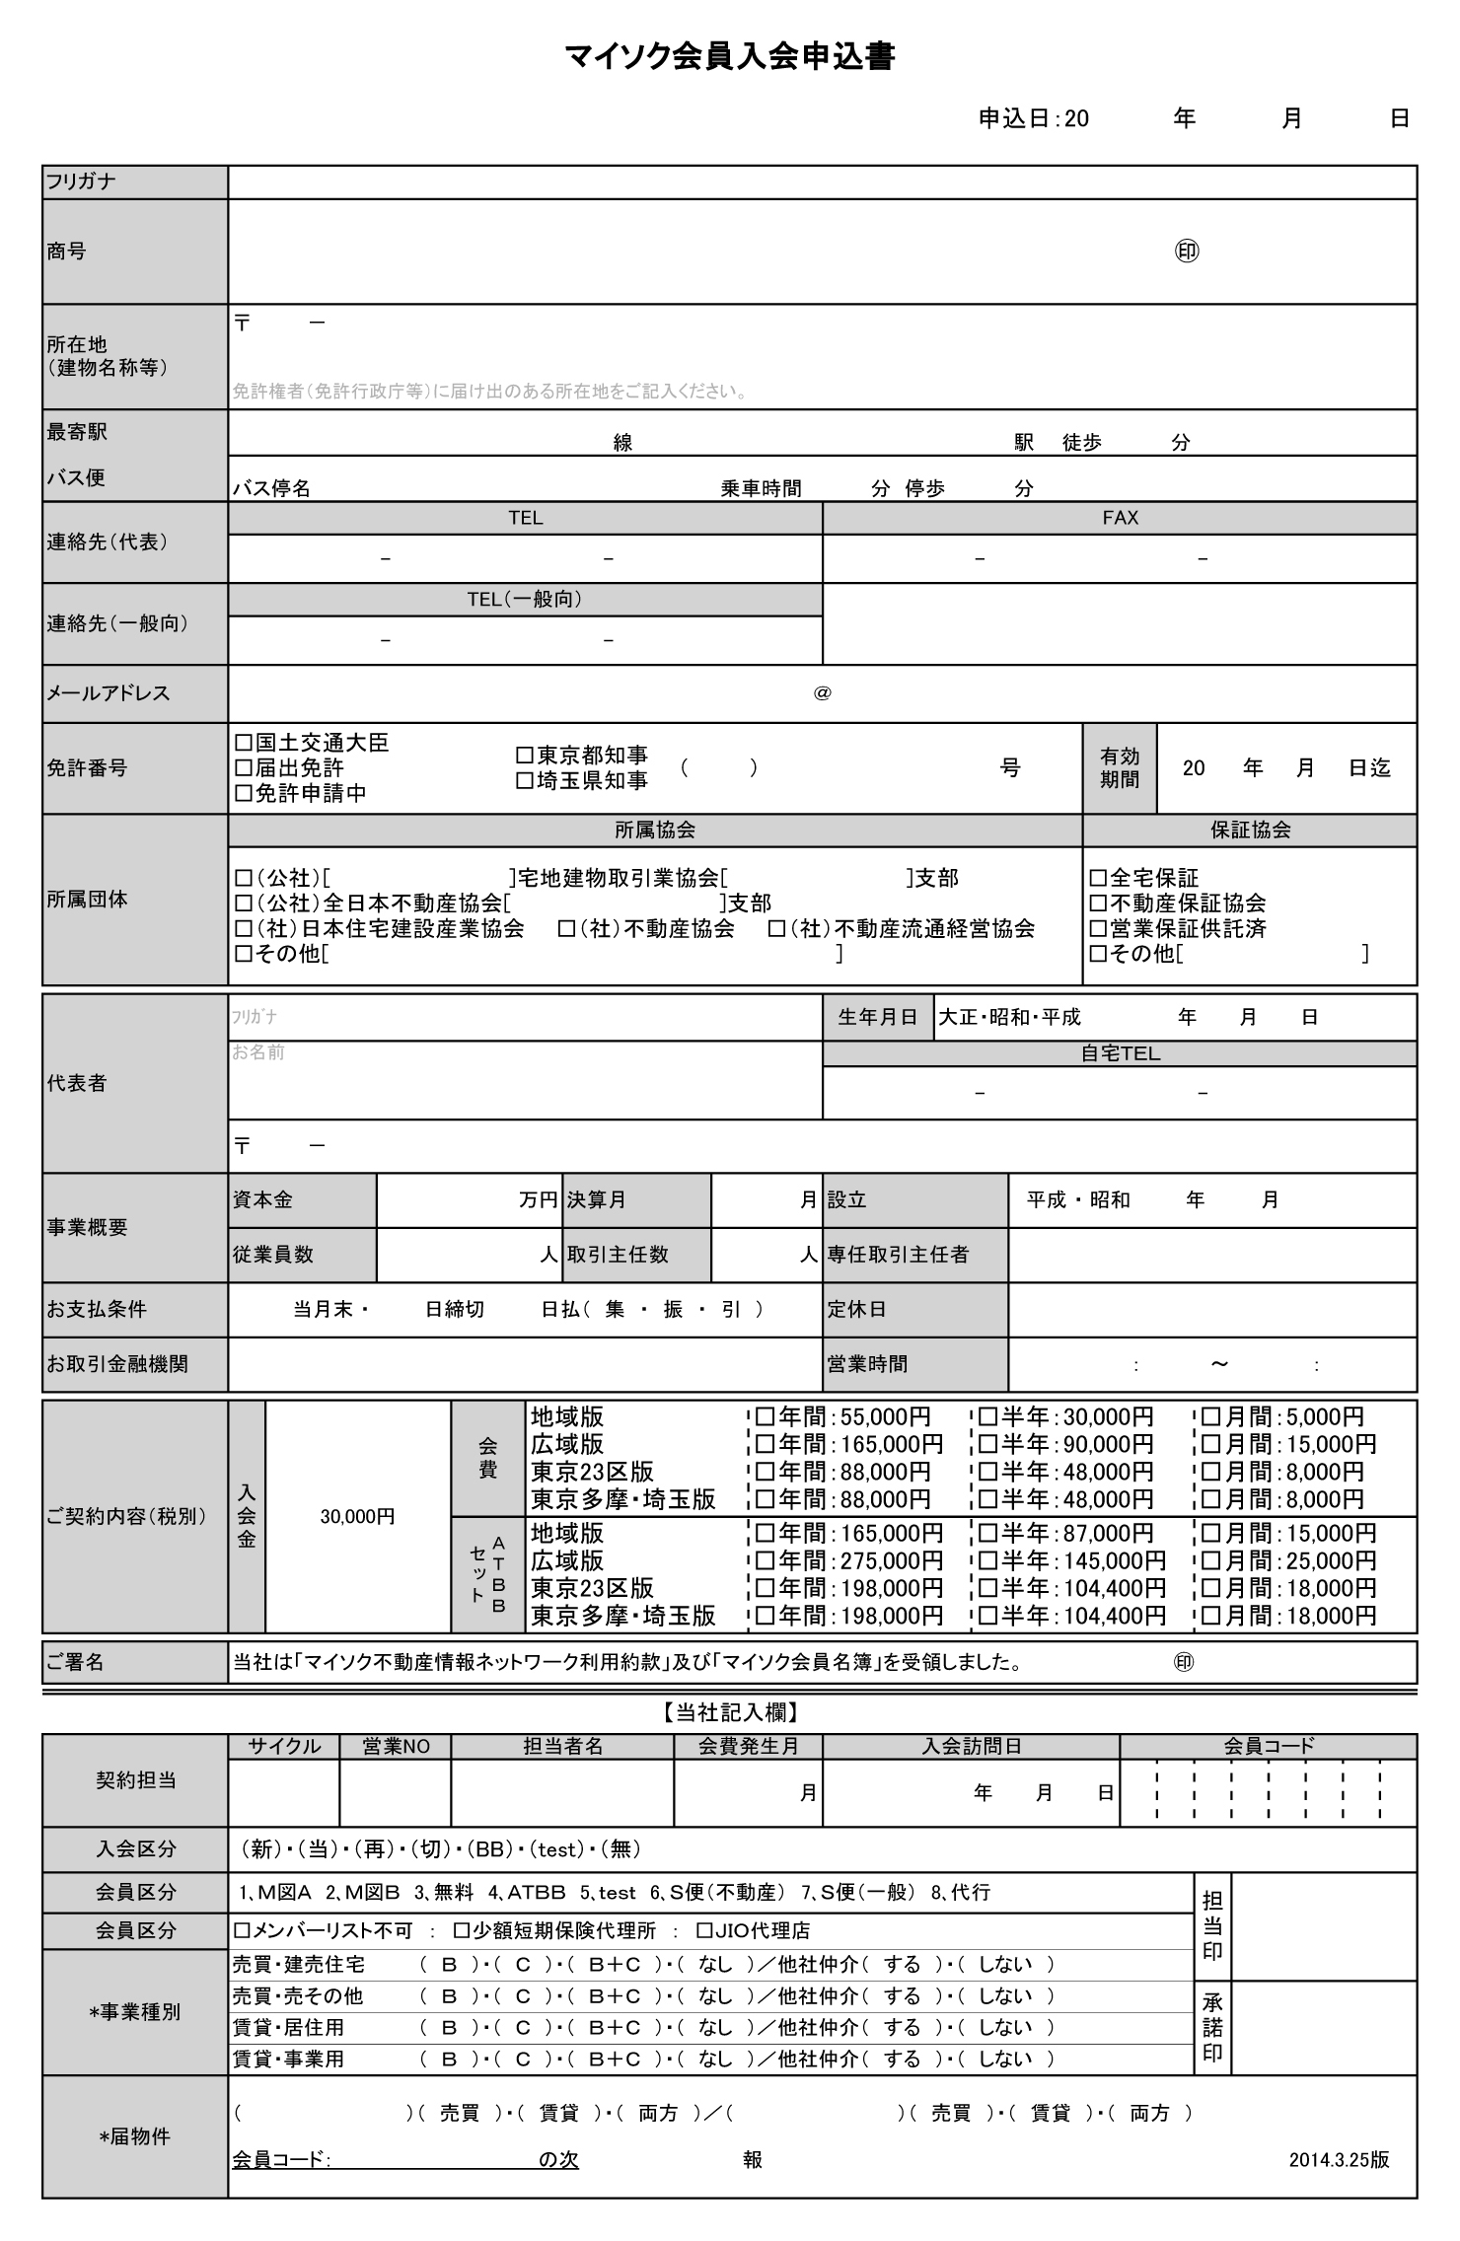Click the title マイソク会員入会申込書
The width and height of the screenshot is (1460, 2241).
[x=729, y=58]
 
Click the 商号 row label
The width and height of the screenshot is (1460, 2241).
[x=66, y=252]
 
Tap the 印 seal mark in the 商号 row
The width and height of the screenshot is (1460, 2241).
[x=1187, y=252]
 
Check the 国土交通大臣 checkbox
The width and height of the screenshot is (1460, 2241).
[x=243, y=742]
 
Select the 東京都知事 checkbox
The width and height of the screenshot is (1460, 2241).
[x=525, y=756]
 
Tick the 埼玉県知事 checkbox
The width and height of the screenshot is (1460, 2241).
[x=525, y=780]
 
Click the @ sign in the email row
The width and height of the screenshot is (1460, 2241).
[x=822, y=693]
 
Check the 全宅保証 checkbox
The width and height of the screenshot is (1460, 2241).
[x=1098, y=878]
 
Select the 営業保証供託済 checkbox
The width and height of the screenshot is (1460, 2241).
[x=1098, y=928]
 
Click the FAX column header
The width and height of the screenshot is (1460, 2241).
[x=1120, y=518]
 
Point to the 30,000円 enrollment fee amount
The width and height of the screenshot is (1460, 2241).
[x=357, y=1516]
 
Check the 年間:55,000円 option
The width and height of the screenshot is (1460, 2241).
[x=766, y=1417]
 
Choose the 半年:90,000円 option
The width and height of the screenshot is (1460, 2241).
[x=988, y=1444]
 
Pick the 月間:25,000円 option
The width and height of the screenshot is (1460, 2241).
[x=1211, y=1560]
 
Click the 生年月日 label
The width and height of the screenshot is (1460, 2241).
[x=877, y=1017]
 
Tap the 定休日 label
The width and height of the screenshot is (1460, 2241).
[x=856, y=1309]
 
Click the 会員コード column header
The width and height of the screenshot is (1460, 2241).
[x=1269, y=1746]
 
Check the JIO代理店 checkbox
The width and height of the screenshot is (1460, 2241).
[x=704, y=1930]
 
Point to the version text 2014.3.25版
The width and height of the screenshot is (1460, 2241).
[x=1339, y=2159]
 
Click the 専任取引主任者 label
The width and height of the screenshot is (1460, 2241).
[x=898, y=1255]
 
